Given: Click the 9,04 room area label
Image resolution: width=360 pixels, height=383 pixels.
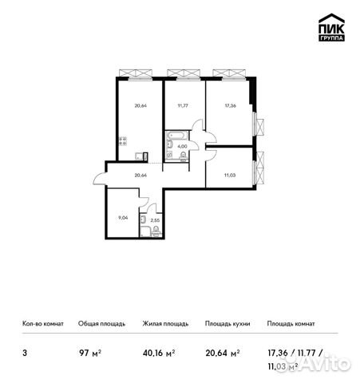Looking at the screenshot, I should tap(121, 215).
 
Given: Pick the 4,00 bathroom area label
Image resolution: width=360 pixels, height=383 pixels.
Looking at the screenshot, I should tap(182, 146).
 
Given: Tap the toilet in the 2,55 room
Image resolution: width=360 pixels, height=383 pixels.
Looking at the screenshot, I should tap(141, 219).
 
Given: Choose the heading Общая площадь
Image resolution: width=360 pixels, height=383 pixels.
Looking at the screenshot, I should tap(101, 324).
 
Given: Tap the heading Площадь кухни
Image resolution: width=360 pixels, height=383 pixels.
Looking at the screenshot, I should tap(227, 324).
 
